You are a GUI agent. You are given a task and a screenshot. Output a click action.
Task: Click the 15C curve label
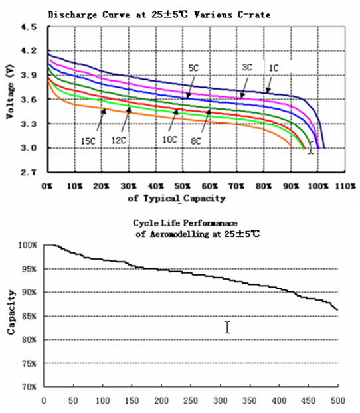88,141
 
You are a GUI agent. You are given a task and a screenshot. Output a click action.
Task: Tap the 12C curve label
118,141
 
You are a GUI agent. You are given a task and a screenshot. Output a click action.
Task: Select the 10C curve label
169,139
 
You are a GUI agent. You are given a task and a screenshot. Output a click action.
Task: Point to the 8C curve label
196,141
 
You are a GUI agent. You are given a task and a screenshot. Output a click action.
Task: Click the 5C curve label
193,68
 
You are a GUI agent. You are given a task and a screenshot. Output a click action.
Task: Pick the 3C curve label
247,68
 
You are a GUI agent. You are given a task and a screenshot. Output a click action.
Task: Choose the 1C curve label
273,68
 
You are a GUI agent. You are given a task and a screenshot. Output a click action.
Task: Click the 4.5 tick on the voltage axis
29,27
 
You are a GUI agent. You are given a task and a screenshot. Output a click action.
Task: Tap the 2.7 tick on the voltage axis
29,172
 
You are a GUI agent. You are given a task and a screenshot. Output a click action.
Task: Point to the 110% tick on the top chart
345,186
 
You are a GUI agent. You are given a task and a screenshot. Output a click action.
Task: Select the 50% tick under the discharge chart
183,186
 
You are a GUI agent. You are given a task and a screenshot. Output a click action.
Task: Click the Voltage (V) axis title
10,92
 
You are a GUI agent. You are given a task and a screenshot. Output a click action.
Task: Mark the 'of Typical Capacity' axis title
177,198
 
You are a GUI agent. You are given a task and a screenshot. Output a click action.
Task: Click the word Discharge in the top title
72,15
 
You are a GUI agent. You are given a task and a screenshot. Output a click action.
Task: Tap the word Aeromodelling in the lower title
179,234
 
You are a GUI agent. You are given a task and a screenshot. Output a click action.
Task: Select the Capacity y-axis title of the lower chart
11,312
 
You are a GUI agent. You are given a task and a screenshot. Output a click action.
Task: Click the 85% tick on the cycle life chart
29,316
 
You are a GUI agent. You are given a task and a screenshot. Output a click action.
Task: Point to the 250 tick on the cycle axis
190,401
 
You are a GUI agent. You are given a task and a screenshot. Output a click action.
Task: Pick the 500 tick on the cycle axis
338,401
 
